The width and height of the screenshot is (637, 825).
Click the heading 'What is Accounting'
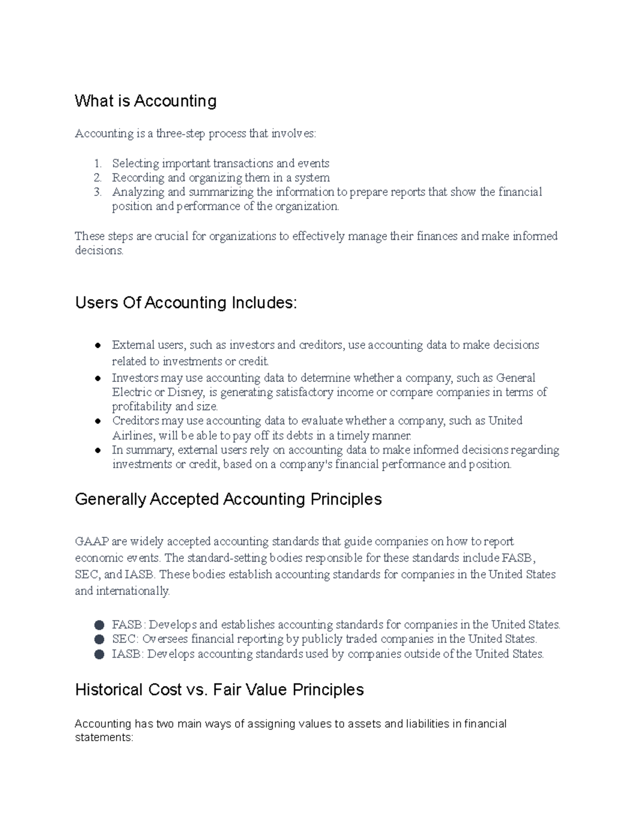[145, 101]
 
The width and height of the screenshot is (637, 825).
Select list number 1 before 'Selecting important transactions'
[97, 164]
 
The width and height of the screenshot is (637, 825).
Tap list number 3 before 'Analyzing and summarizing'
[97, 192]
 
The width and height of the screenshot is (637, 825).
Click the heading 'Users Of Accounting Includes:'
[186, 303]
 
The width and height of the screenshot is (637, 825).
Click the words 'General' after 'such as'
[515, 378]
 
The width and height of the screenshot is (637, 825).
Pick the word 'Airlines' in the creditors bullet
[133, 436]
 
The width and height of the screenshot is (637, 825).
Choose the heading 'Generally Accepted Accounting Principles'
[228, 499]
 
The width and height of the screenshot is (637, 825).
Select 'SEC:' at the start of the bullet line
[125, 639]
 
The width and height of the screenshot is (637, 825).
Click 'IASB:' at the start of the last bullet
[127, 654]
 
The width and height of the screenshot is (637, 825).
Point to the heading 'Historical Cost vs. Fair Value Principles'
[219, 690]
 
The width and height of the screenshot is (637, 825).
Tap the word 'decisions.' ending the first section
[99, 251]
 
